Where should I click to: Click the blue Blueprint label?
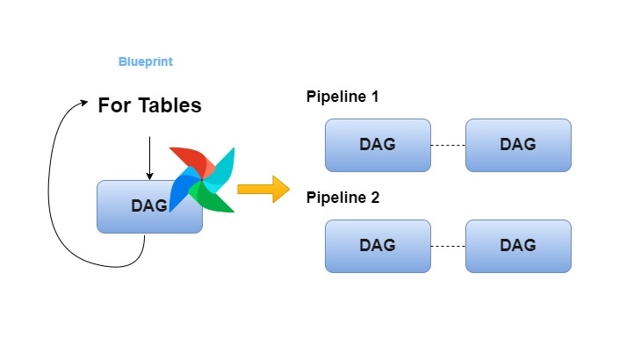coord(146,62)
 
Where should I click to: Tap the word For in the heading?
coord(114,105)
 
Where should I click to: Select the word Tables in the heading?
coord(169,105)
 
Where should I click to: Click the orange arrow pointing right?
coord(263,189)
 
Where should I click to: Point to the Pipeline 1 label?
coord(342,97)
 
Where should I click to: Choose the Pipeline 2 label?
coord(343,198)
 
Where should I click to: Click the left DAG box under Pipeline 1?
coord(378,145)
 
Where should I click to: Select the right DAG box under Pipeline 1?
coord(518,145)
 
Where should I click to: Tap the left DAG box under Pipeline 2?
coord(378,246)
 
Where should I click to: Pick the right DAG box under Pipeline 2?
coord(518,246)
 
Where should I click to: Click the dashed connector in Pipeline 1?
coord(448,145)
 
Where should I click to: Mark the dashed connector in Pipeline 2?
coord(448,246)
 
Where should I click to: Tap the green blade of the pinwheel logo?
coord(211,198)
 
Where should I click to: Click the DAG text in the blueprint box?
coord(149,206)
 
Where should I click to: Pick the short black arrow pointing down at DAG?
coord(149,158)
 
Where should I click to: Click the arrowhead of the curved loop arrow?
coord(84,103)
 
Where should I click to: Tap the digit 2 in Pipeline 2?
coord(375,198)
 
